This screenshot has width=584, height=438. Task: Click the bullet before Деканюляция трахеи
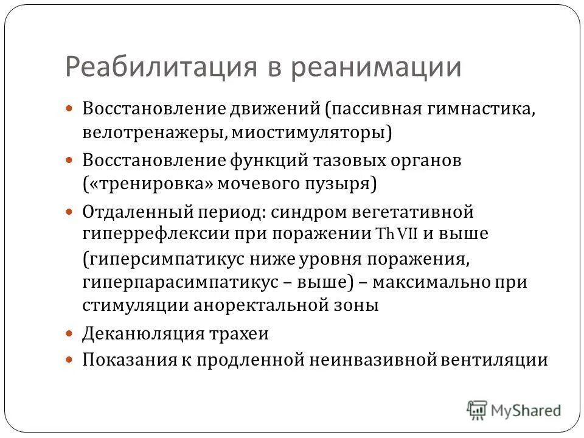[x=69, y=334]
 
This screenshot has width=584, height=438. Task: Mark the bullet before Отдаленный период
[x=69, y=213]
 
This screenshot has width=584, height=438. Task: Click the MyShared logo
[x=515, y=409]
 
